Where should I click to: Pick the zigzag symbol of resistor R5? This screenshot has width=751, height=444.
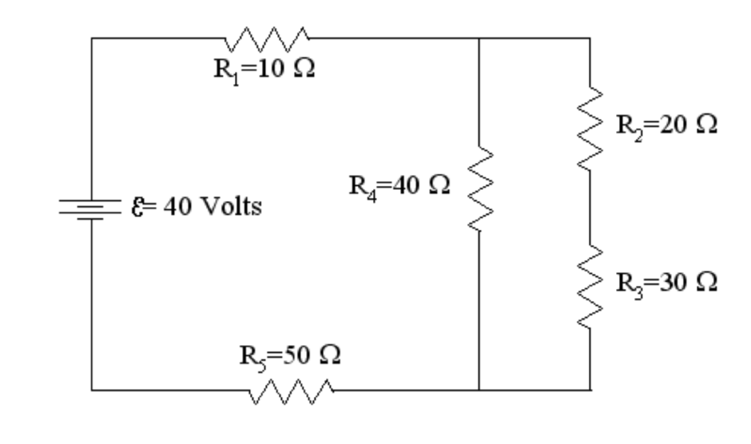click(292, 390)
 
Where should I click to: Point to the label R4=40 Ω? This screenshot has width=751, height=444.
click(399, 187)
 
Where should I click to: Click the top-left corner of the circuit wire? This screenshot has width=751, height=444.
click(93, 37)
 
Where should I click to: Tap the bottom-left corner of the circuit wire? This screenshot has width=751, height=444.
click(93, 390)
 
